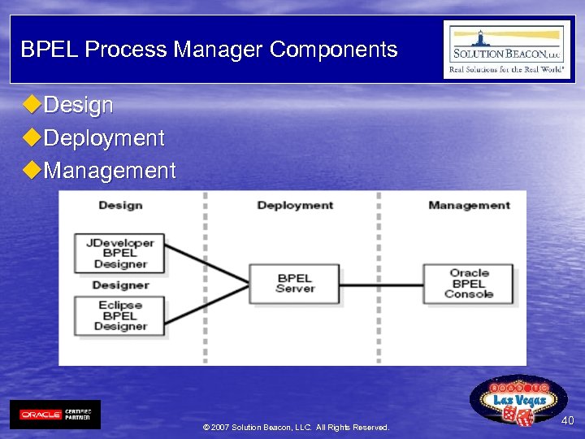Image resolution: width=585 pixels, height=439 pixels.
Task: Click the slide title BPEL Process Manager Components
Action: pyautogui.click(x=209, y=50)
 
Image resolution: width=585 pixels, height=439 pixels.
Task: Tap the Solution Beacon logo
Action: pyautogui.click(x=506, y=50)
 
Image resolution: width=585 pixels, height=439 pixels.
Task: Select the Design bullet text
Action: pyautogui.click(x=78, y=106)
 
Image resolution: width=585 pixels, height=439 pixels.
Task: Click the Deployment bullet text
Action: pyautogui.click(x=104, y=138)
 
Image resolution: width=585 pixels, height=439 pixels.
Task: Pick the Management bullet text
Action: pyautogui.click(x=110, y=171)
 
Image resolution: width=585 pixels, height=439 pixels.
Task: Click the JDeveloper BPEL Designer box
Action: pyautogui.click(x=120, y=253)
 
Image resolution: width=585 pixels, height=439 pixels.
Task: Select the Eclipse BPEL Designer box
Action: pyautogui.click(x=120, y=315)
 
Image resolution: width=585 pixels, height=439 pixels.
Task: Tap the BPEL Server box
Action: pyautogui.click(x=295, y=284)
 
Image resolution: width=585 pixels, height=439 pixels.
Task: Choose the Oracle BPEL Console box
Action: pyautogui.click(x=469, y=284)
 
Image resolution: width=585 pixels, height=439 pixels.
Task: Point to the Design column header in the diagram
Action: pyautogui.click(x=120, y=206)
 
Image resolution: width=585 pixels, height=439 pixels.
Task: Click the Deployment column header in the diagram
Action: pyautogui.click(x=295, y=206)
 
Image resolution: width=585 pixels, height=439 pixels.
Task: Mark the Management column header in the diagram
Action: pyautogui.click(x=469, y=206)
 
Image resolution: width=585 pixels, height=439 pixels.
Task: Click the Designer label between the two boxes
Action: pyautogui.click(x=120, y=285)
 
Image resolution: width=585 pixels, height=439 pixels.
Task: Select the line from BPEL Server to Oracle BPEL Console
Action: pyautogui.click(x=382, y=285)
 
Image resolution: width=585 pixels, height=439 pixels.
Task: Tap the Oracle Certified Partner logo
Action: pyautogui.click(x=55, y=415)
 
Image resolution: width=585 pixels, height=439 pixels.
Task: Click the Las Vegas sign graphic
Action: pyautogui.click(x=518, y=400)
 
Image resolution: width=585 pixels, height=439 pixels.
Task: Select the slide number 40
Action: pyautogui.click(x=567, y=420)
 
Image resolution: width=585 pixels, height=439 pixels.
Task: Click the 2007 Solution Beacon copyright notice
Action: pyautogui.click(x=296, y=428)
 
